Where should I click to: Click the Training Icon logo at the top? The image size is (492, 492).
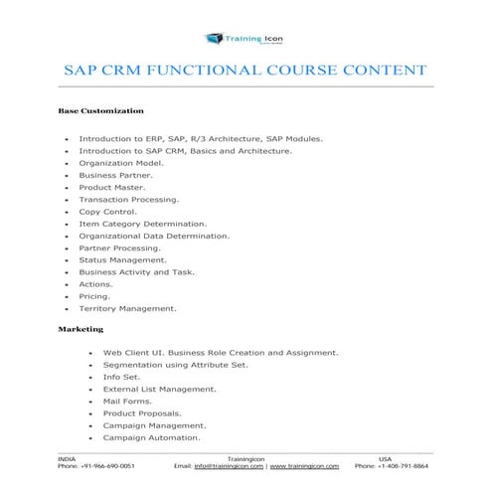(245, 39)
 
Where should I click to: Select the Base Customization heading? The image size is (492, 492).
(101, 110)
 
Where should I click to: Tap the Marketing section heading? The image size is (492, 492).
(81, 328)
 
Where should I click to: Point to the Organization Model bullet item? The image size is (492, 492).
(121, 162)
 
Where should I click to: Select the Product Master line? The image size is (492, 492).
(112, 187)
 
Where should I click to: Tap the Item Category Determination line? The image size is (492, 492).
(143, 224)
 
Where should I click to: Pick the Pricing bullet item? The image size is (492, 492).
(95, 296)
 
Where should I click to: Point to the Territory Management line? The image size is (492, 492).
(128, 308)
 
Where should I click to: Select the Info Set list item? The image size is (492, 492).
(122, 377)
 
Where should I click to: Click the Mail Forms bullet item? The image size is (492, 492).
(128, 401)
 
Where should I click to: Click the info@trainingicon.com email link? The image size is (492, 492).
(229, 465)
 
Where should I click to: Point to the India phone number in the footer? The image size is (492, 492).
(96, 465)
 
